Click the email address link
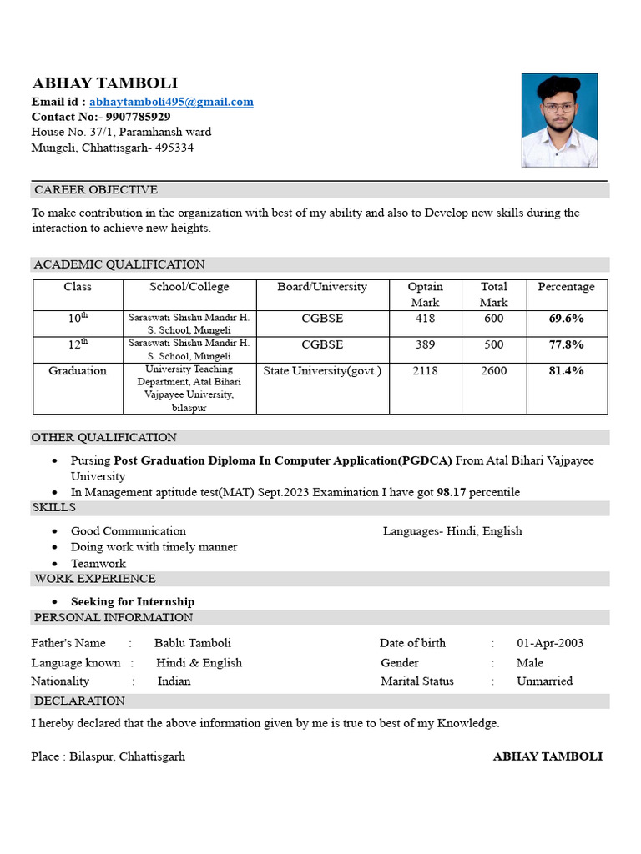tap(171, 102)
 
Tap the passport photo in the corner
tap(559, 120)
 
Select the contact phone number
tap(138, 117)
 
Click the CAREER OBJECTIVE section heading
tap(95, 190)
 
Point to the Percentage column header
tap(566, 287)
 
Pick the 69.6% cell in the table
tap(566, 319)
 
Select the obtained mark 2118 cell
tap(425, 371)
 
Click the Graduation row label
tap(78, 371)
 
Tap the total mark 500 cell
tap(493, 344)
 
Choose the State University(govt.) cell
tap(322, 371)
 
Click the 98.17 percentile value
tap(451, 492)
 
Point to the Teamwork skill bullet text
tap(98, 564)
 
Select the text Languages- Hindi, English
tap(452, 531)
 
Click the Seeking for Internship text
tap(133, 602)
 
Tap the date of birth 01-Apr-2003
tap(550, 643)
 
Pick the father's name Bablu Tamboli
tap(193, 643)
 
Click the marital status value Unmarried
tap(544, 681)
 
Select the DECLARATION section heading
tap(79, 701)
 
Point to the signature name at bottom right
tap(548, 756)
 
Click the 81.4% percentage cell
tap(566, 371)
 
